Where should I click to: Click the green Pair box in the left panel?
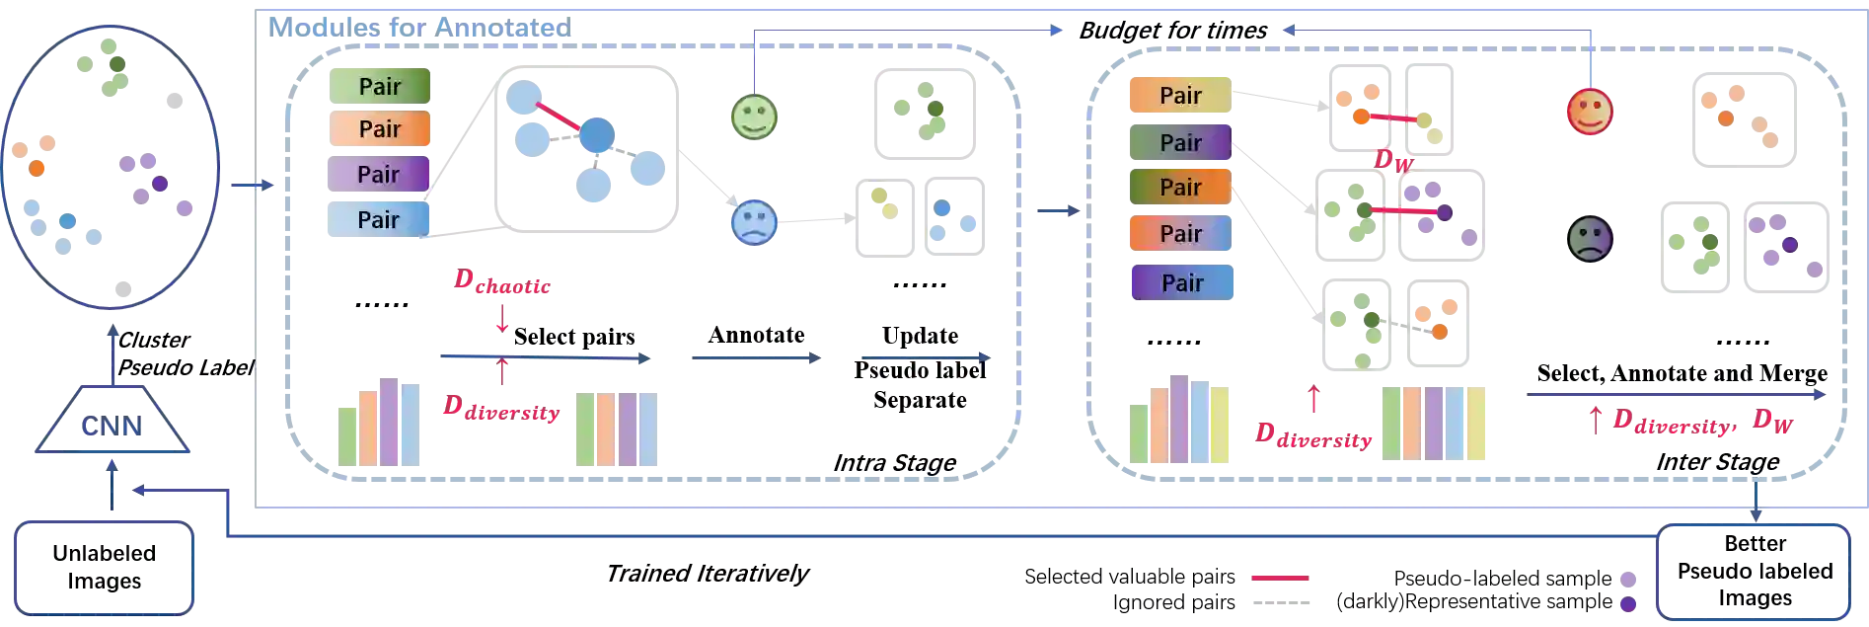(x=378, y=86)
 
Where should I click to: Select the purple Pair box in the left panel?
(x=378, y=175)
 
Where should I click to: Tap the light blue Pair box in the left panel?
(x=378, y=219)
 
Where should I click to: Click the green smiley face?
(x=754, y=117)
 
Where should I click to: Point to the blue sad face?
(x=754, y=221)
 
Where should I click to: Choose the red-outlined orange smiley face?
(x=1589, y=112)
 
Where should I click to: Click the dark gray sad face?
(x=1590, y=240)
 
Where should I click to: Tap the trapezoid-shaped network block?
(x=113, y=426)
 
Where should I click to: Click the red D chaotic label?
(x=501, y=284)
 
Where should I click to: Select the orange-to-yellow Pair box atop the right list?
(x=1180, y=96)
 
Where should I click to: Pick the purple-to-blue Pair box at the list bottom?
(x=1182, y=282)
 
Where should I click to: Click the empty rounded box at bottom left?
(x=104, y=570)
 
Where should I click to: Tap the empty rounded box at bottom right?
(x=1757, y=572)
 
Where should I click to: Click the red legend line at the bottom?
(x=1279, y=577)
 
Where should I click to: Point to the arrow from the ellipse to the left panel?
(x=251, y=185)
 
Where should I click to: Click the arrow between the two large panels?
(x=1058, y=210)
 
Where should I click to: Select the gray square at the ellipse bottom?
(x=121, y=287)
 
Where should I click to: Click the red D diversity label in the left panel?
(x=501, y=409)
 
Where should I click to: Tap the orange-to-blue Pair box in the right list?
(x=1180, y=234)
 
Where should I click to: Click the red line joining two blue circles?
(x=558, y=117)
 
